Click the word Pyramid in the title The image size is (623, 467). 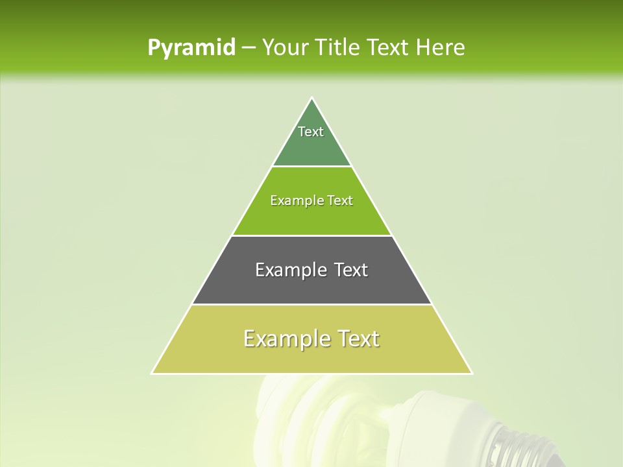(x=191, y=48)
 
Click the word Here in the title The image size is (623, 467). (x=441, y=48)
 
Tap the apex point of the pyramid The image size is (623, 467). (x=311, y=98)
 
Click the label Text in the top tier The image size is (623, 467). (x=311, y=132)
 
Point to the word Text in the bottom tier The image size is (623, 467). (x=358, y=339)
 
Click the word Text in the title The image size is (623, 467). (x=389, y=48)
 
